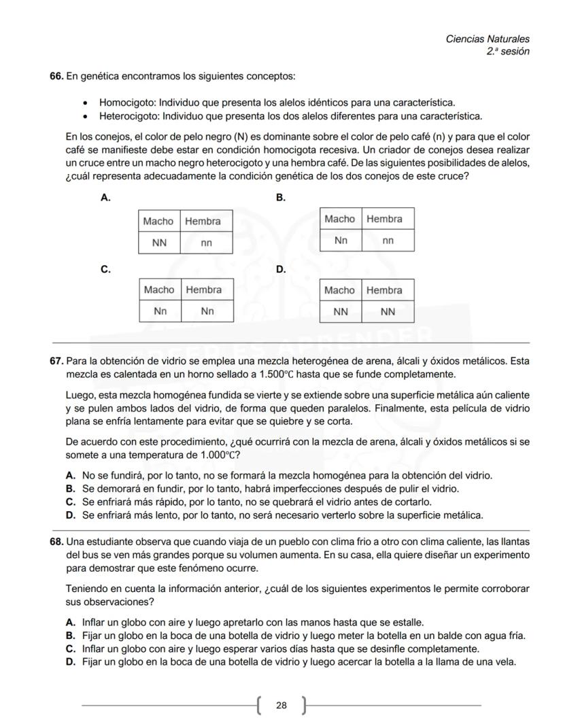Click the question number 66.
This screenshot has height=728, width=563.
pyautogui.click(x=56, y=76)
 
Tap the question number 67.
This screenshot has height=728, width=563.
pyautogui.click(x=56, y=360)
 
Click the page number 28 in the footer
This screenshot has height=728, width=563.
pyautogui.click(x=281, y=706)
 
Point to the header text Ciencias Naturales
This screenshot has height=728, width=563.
pyautogui.click(x=487, y=39)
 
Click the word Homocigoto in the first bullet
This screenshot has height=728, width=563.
pyautogui.click(x=126, y=103)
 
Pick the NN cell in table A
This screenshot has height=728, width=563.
pyautogui.click(x=159, y=243)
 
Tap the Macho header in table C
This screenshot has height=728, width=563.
pyautogui.click(x=159, y=290)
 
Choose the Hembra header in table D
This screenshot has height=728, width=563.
pyautogui.click(x=385, y=290)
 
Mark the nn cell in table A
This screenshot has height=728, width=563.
pyautogui.click(x=206, y=243)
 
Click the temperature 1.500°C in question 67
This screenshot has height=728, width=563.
pyautogui.click(x=279, y=374)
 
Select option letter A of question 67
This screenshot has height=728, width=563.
pyautogui.click(x=70, y=476)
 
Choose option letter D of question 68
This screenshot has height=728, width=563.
pyautogui.click(x=70, y=661)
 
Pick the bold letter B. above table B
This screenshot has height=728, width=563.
pyautogui.click(x=280, y=198)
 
